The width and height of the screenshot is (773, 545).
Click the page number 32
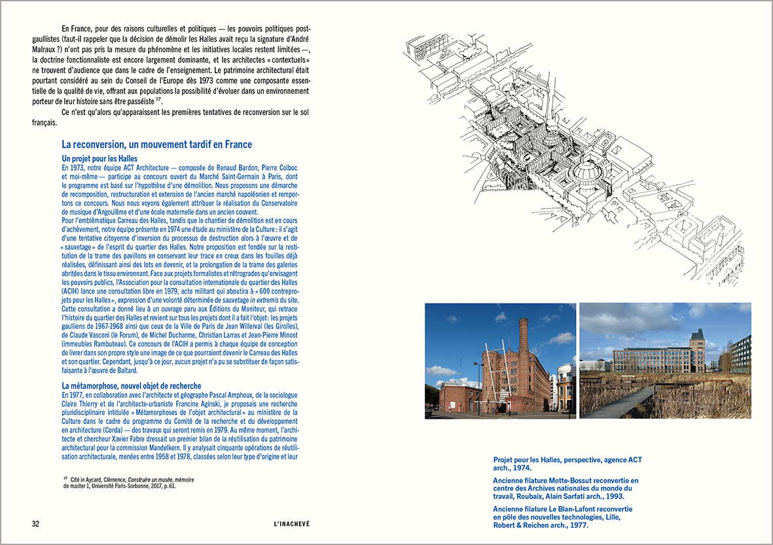point(36,524)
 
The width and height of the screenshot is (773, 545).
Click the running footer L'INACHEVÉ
point(292,524)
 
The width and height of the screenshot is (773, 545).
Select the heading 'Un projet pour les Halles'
point(99,158)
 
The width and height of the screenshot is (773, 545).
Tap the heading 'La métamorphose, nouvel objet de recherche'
point(131,386)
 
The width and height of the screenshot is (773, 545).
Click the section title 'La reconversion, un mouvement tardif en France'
point(156,144)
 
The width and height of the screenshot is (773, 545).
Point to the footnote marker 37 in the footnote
point(65,479)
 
